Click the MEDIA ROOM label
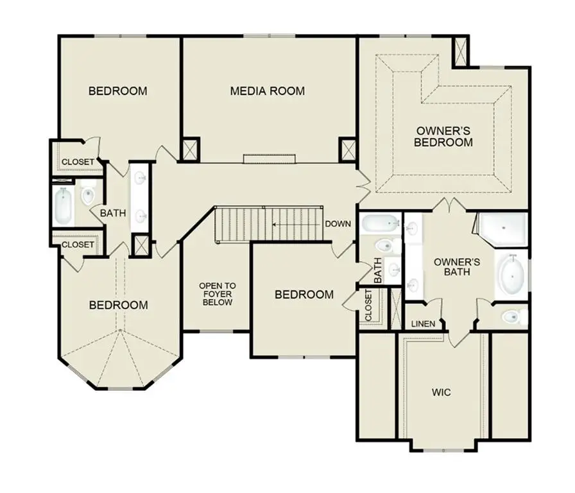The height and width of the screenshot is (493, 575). click(267, 91)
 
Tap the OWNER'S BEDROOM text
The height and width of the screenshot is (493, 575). click(443, 136)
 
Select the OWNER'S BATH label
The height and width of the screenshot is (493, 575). click(457, 266)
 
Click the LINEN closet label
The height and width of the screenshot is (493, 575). click(424, 324)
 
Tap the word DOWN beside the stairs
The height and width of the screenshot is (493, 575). click(338, 224)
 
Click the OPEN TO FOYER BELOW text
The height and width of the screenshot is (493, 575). click(217, 293)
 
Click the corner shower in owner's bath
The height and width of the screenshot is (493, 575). click(503, 229)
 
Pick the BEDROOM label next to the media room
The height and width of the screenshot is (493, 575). click(117, 91)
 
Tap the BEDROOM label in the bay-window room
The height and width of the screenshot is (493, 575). click(118, 305)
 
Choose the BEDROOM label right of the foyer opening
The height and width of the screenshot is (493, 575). click(304, 295)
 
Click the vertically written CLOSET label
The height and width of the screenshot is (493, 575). click(368, 306)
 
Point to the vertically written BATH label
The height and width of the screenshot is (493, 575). click(377, 270)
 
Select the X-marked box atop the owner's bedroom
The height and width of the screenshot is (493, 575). click(461, 51)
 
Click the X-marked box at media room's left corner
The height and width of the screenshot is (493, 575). click(191, 150)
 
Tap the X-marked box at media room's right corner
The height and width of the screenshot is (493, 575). click(347, 150)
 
